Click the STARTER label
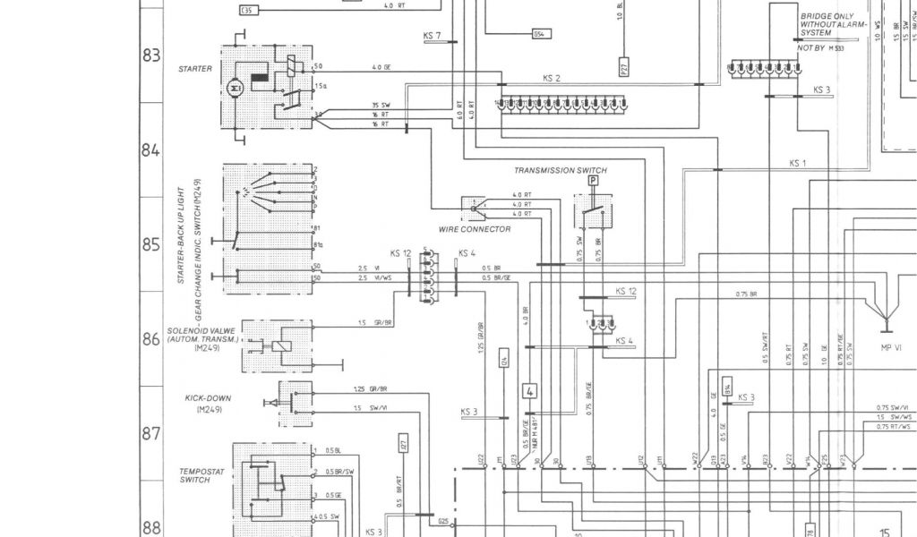[x=195, y=69]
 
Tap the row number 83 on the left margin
[x=150, y=55]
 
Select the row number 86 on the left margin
[x=150, y=340]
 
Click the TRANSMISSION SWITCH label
[x=561, y=170]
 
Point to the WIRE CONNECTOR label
[x=475, y=229]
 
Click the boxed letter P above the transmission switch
[x=592, y=180]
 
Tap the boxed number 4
[x=530, y=391]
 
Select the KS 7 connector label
[x=433, y=36]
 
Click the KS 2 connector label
[x=552, y=79]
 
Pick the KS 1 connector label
[x=798, y=163]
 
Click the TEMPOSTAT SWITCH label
[x=194, y=474]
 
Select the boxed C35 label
[x=248, y=11]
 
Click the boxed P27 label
[x=624, y=66]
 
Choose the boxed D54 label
[x=540, y=34]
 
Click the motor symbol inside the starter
[x=236, y=87]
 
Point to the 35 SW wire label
[x=380, y=105]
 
